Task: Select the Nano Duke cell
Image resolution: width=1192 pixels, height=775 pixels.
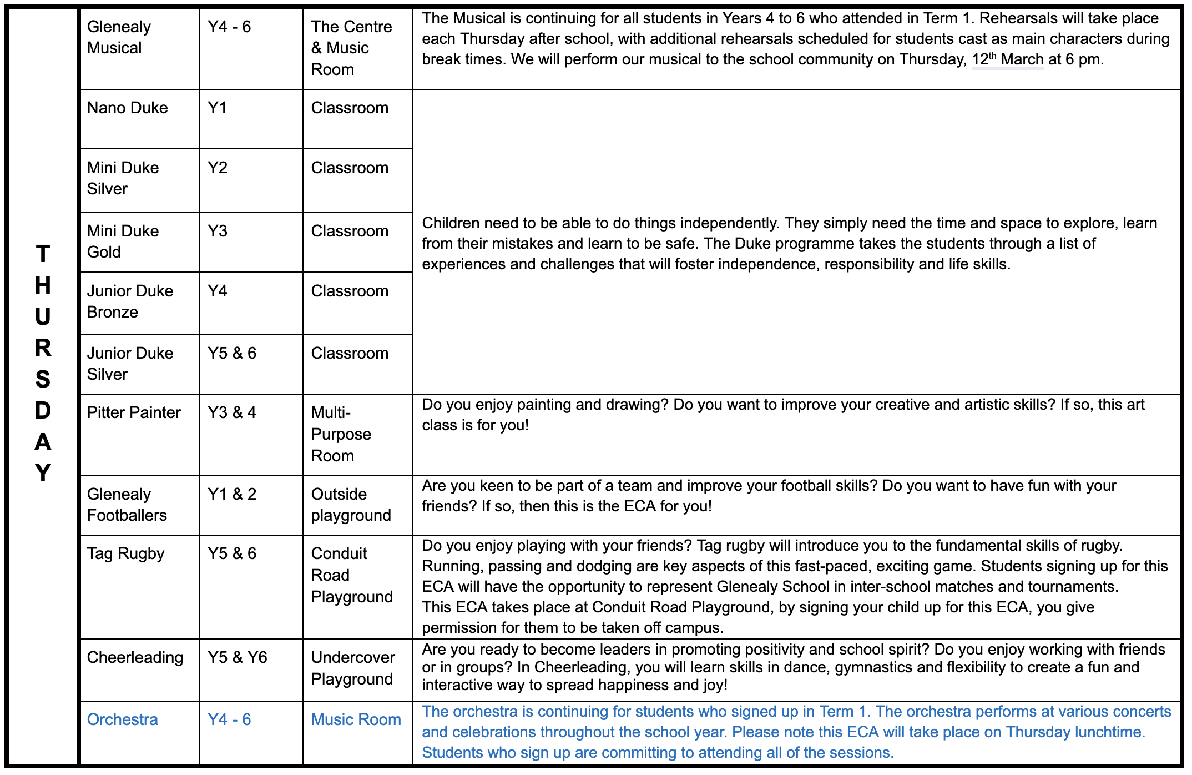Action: pos(128,108)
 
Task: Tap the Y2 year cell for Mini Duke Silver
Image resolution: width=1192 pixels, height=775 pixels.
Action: pos(218,168)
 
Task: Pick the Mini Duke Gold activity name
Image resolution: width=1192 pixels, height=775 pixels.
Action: pos(123,241)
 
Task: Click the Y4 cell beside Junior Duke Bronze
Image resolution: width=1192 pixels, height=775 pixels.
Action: pos(218,291)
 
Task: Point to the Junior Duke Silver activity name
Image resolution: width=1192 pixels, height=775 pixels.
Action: pos(130,364)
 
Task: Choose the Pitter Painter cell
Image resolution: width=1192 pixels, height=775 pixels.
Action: pos(134,412)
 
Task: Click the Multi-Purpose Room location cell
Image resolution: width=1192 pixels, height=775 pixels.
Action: pos(341,434)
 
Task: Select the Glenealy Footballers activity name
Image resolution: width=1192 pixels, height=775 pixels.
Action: pos(127,505)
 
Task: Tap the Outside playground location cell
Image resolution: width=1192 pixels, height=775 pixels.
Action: pos(351,505)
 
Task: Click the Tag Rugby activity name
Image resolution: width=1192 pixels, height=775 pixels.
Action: pos(126,553)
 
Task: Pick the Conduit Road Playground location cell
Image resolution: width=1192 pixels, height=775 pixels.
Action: pos(352,575)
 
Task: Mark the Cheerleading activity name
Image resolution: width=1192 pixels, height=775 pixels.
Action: pos(135,657)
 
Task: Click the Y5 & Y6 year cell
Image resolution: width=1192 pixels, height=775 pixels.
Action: pos(238,657)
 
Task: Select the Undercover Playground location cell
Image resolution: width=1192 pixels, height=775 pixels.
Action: pos(353,668)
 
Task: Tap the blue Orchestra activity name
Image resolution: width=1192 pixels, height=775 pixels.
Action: pos(123,719)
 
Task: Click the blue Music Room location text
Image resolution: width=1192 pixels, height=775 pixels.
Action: pos(356,719)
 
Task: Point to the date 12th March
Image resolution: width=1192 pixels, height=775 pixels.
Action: pos(1007,59)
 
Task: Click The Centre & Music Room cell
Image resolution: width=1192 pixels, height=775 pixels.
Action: pos(351,48)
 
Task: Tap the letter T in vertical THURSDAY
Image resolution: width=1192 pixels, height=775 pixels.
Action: pos(43,254)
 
